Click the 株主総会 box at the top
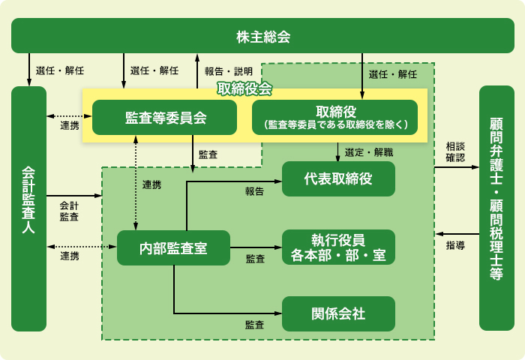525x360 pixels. [262, 35]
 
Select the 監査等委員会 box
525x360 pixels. [165, 117]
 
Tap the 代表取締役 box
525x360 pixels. [338, 178]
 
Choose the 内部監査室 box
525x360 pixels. [173, 247]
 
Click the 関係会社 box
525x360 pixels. [338, 313]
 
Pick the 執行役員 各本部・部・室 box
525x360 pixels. [338, 247]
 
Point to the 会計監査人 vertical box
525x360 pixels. [29, 208]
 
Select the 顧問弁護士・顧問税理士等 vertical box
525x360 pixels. [496, 208]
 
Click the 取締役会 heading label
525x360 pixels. [244, 88]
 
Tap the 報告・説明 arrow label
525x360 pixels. [229, 71]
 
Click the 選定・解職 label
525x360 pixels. [368, 152]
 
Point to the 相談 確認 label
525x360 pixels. [454, 152]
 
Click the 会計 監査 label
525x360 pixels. [69, 211]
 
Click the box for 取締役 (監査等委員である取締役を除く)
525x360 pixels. [338, 117]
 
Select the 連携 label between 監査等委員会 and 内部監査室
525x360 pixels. [151, 184]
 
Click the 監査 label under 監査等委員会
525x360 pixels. [208, 154]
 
